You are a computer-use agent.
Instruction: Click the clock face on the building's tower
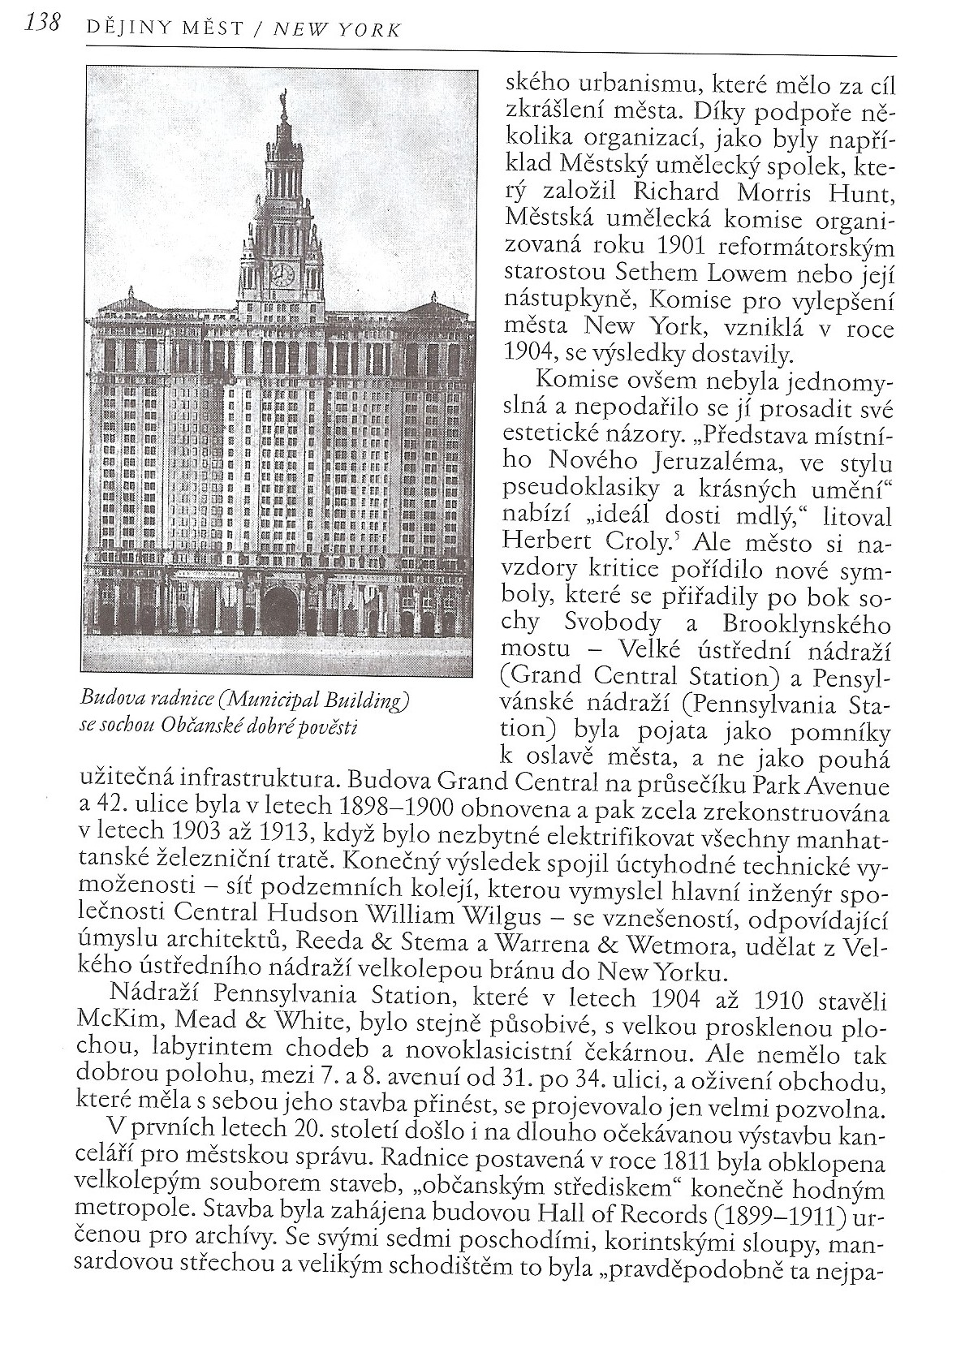click(282, 274)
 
